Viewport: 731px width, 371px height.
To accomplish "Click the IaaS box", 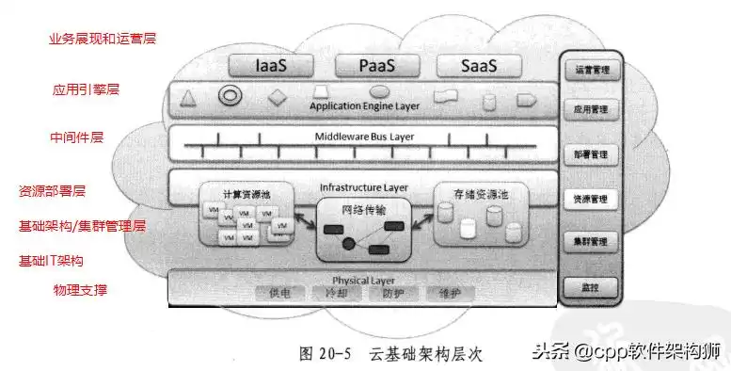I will (276, 66).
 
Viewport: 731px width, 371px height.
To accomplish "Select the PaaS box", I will (377, 66).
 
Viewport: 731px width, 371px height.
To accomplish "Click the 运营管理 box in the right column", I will (590, 70).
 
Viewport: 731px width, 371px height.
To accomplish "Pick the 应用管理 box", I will (590, 110).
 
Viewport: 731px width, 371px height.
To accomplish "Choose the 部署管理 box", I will (590, 153).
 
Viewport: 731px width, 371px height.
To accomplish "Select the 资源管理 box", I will (590, 199).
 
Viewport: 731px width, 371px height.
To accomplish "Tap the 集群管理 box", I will (590, 242).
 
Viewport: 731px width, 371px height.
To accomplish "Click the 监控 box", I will (590, 286).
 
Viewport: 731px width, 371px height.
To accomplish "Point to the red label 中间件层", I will (76, 137).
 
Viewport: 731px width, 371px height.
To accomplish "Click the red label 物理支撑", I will (80, 290).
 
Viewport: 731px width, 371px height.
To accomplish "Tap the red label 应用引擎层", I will (86, 90).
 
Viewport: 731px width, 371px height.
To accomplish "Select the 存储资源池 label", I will (481, 193).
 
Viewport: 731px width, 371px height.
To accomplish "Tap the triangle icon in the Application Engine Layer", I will (187, 97).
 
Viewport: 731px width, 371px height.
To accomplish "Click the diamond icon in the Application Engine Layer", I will (277, 97).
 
